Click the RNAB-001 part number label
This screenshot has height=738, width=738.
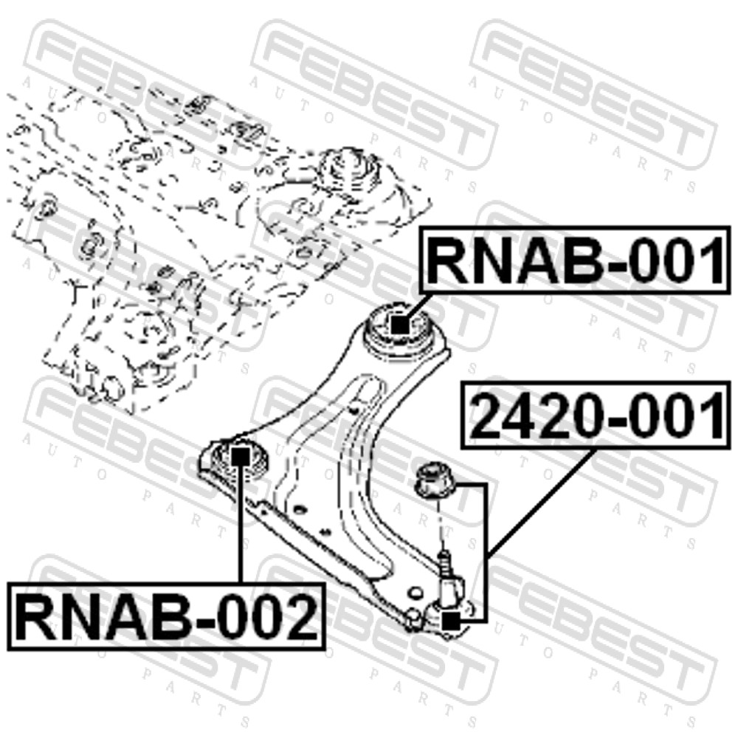point(575,261)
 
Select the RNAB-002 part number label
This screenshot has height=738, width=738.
point(166,616)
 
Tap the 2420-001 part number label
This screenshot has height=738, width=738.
point(597,415)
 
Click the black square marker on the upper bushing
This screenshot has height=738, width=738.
point(400,325)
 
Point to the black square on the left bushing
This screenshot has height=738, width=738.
point(241,455)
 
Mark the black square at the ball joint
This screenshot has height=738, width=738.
point(451,621)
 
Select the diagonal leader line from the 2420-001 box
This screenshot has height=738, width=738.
point(539,502)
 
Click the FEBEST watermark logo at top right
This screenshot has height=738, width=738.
point(593,94)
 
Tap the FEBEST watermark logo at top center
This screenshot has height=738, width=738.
point(373,94)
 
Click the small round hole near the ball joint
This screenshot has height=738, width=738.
point(415,592)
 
